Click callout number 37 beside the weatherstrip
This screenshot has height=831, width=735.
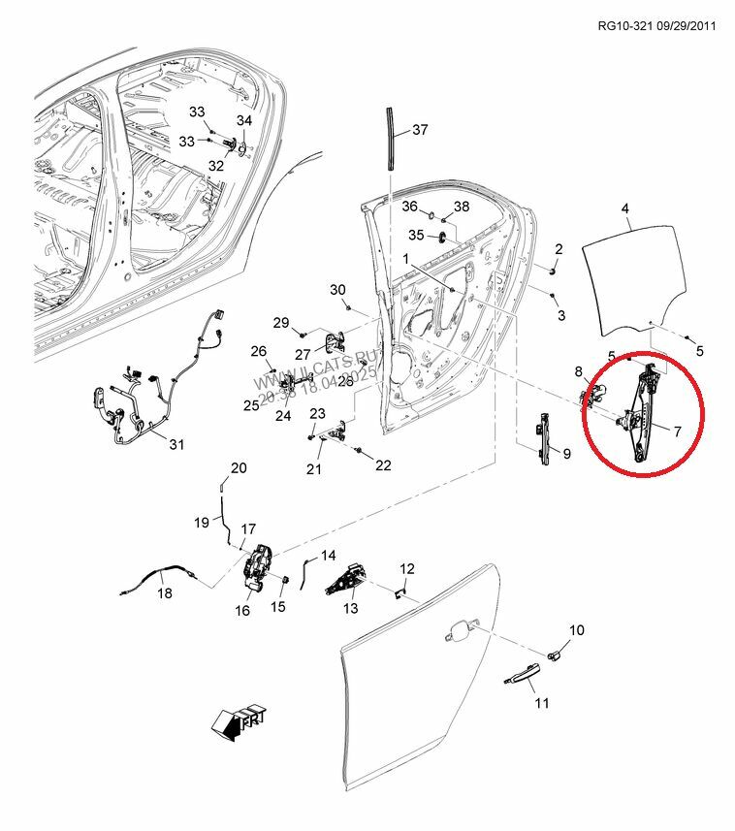point(420,130)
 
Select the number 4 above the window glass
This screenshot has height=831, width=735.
point(625,208)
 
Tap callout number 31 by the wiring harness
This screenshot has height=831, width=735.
point(176,445)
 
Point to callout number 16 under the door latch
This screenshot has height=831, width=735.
point(242,610)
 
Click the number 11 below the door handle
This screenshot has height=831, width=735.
point(542,702)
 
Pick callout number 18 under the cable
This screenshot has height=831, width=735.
point(165,593)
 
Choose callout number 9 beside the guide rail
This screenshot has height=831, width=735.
point(566,453)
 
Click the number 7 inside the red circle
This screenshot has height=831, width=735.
point(677,430)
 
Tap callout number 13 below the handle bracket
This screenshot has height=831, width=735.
point(349,608)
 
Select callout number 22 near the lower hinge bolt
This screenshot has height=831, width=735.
point(383,465)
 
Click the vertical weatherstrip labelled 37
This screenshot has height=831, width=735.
point(391,140)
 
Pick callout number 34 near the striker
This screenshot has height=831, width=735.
point(243,120)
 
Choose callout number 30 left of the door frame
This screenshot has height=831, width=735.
point(337,290)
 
